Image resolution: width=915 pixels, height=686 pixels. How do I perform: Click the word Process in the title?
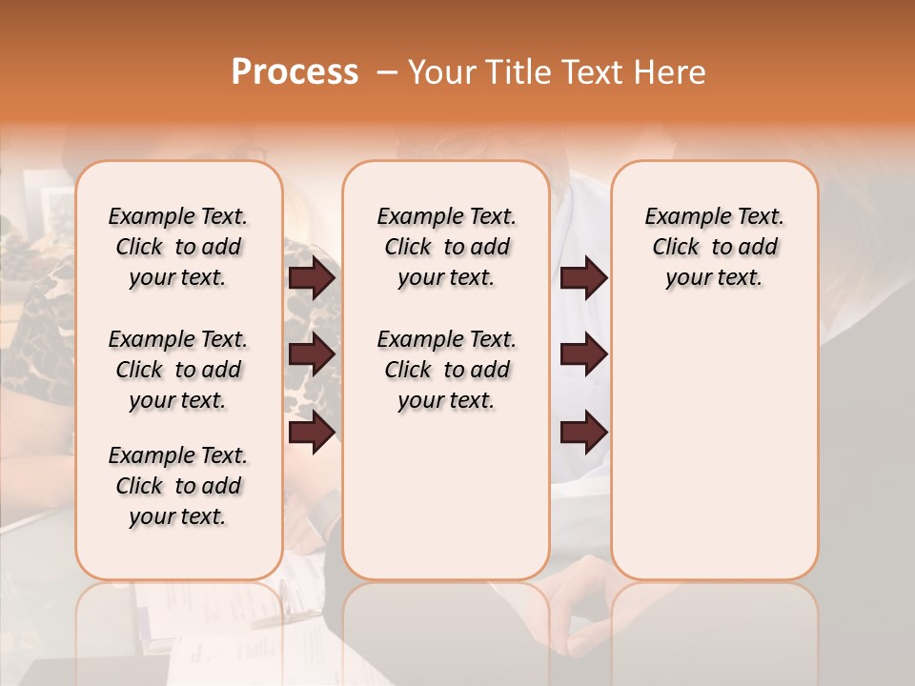pyautogui.click(x=295, y=72)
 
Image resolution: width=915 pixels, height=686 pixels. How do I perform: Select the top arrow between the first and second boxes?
pyautogui.click(x=312, y=278)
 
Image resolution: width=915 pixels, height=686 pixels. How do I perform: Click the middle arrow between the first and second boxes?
pyautogui.click(x=312, y=354)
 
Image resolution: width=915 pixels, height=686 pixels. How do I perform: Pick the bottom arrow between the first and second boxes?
pyautogui.click(x=312, y=434)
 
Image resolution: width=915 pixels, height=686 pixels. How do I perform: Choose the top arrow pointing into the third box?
pyautogui.click(x=583, y=278)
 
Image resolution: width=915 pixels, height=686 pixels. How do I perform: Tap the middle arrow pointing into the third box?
pyautogui.click(x=583, y=354)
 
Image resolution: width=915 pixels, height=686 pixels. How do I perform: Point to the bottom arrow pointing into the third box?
pyautogui.click(x=583, y=434)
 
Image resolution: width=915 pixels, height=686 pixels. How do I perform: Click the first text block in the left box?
pyautogui.click(x=178, y=247)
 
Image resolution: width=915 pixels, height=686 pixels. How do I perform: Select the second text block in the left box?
pyautogui.click(x=178, y=370)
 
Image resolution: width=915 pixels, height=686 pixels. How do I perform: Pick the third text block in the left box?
pyautogui.click(x=178, y=486)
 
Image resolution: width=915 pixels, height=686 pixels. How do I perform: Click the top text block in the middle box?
pyautogui.click(x=446, y=247)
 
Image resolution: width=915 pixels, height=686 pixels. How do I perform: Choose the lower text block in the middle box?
pyautogui.click(x=446, y=370)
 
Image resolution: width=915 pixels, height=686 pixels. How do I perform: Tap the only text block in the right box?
pyautogui.click(x=714, y=247)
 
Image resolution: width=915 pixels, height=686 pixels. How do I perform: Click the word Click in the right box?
pyautogui.click(x=676, y=247)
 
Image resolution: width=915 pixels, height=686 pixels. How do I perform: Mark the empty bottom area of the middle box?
pyautogui.click(x=446, y=505)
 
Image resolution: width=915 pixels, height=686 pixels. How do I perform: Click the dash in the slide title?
pyautogui.click(x=387, y=72)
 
